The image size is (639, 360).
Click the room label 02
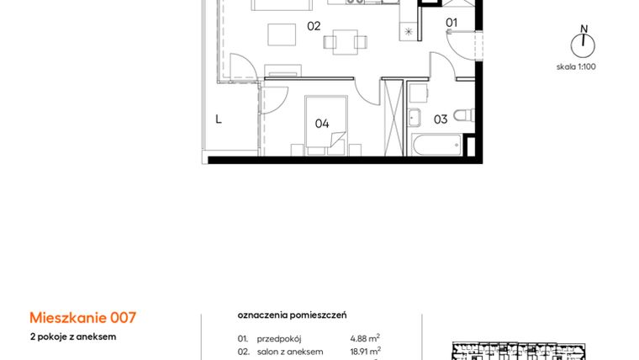point(314,26)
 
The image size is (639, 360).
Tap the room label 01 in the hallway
point(452,23)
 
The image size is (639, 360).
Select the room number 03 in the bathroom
point(440,119)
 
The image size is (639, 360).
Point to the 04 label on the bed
point(322,123)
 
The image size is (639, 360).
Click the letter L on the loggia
point(218,119)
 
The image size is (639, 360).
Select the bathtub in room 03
point(435,146)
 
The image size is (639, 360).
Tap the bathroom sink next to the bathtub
point(415,116)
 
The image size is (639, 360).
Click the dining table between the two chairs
point(345,41)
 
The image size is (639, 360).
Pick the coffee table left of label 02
point(282,34)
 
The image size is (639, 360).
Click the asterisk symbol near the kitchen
point(409,32)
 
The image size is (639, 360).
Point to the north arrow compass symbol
point(582,42)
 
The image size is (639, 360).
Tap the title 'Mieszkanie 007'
point(82,318)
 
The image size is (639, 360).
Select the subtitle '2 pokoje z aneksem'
point(72,336)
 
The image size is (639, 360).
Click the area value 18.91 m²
point(365,351)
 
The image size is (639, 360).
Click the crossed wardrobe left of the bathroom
point(393,117)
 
